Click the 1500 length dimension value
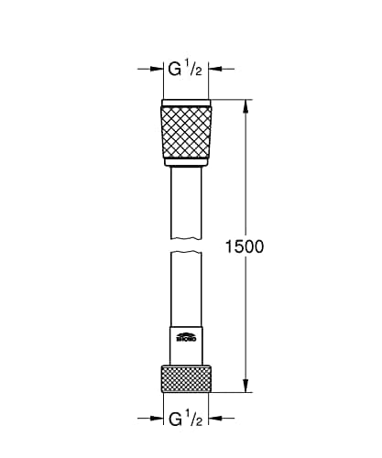click(244, 246)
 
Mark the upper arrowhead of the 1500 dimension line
click(246, 104)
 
